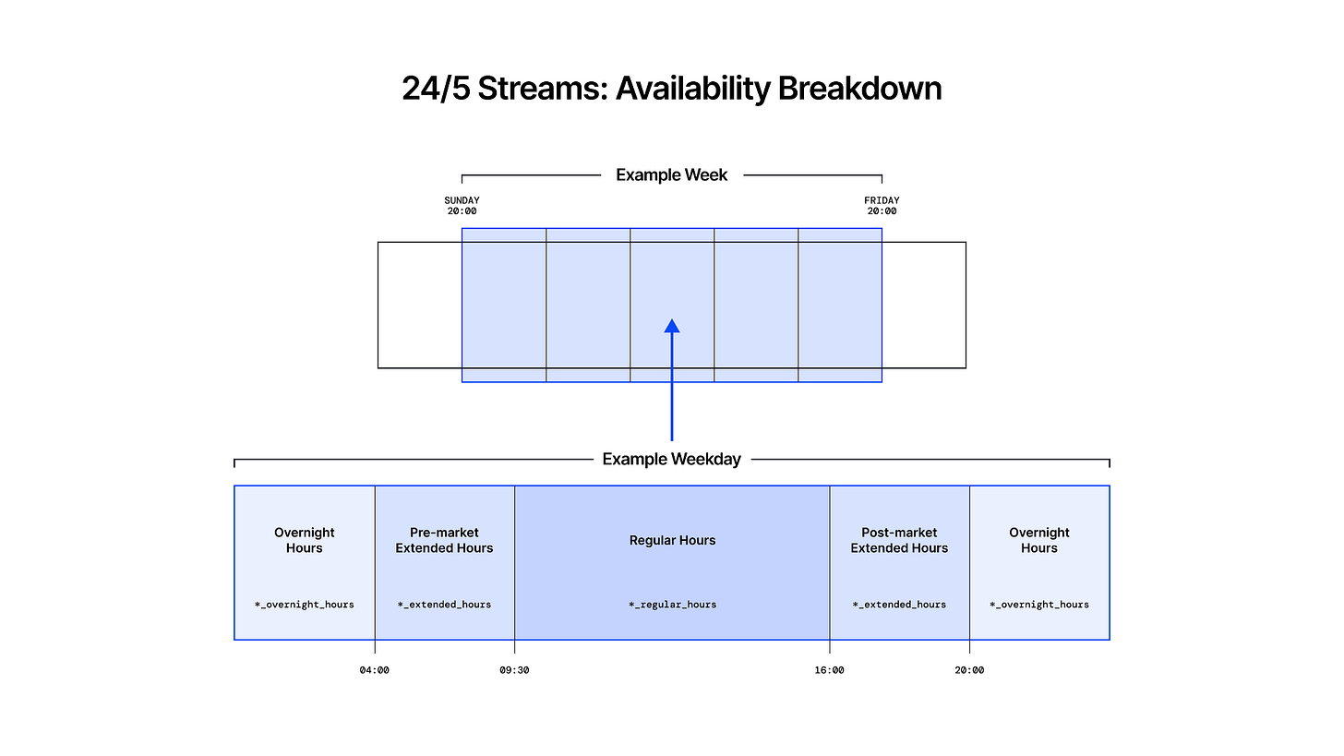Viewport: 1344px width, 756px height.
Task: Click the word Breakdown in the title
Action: [859, 89]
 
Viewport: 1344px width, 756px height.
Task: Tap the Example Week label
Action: [671, 175]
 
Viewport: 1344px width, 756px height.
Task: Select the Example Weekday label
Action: [671, 459]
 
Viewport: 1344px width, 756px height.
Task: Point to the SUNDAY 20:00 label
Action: [462, 206]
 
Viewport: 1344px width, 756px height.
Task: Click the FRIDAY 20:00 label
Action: [882, 206]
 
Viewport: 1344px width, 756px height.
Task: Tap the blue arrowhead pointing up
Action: [672, 326]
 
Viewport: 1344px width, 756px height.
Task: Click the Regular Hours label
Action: [673, 540]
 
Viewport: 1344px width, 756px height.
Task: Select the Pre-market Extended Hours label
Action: [444, 540]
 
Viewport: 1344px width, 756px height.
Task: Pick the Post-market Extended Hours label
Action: [899, 540]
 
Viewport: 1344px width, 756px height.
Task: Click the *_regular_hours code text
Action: [673, 605]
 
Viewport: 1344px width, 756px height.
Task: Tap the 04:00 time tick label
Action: [375, 670]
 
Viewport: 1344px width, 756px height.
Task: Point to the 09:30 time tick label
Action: [514, 670]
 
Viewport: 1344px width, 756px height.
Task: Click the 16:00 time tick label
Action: [829, 670]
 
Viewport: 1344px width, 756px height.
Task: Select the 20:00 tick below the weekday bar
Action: [969, 670]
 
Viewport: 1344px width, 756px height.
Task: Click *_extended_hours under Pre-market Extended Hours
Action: [444, 605]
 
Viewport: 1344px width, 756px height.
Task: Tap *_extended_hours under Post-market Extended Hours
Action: [899, 605]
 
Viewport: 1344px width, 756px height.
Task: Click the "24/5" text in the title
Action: [436, 89]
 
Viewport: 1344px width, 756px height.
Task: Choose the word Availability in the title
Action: [693, 89]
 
